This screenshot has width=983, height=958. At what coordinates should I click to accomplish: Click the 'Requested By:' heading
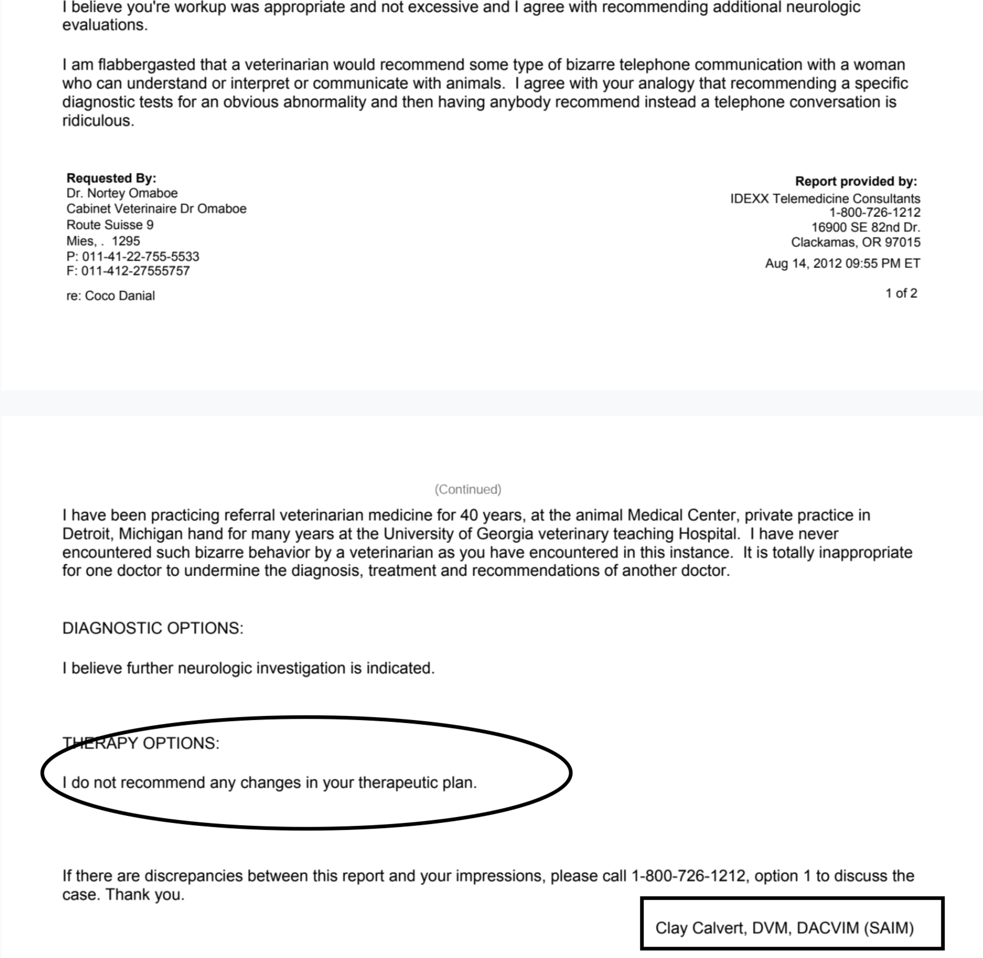tap(111, 178)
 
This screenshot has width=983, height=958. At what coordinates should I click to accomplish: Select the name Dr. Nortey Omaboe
tap(122, 193)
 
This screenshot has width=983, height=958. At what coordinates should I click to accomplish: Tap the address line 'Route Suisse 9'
tap(110, 225)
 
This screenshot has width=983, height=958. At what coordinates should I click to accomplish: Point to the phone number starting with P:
tap(133, 257)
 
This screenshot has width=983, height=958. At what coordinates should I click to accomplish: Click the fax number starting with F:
tap(128, 271)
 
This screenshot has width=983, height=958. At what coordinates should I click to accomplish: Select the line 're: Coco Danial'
tap(111, 296)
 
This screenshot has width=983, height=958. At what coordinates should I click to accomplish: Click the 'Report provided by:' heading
tap(855, 182)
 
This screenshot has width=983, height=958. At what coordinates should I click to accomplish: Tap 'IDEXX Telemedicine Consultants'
tap(825, 199)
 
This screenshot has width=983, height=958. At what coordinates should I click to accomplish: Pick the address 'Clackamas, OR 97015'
tap(855, 242)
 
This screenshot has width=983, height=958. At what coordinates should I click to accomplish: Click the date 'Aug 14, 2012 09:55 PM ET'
tap(842, 263)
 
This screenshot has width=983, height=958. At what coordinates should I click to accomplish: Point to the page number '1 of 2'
tap(901, 293)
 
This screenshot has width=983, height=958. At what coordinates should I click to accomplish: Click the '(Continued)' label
tap(468, 489)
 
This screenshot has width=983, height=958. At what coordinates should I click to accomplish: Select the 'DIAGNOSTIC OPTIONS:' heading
tap(153, 628)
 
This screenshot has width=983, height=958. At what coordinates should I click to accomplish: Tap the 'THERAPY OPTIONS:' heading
tap(141, 743)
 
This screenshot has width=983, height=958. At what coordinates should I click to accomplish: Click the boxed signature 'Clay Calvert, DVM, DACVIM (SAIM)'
tap(784, 929)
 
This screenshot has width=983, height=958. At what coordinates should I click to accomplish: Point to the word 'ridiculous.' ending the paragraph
tap(98, 121)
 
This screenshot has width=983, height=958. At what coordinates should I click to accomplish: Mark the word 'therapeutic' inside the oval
tap(398, 783)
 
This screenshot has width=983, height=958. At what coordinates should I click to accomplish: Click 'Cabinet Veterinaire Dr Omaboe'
tap(156, 209)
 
